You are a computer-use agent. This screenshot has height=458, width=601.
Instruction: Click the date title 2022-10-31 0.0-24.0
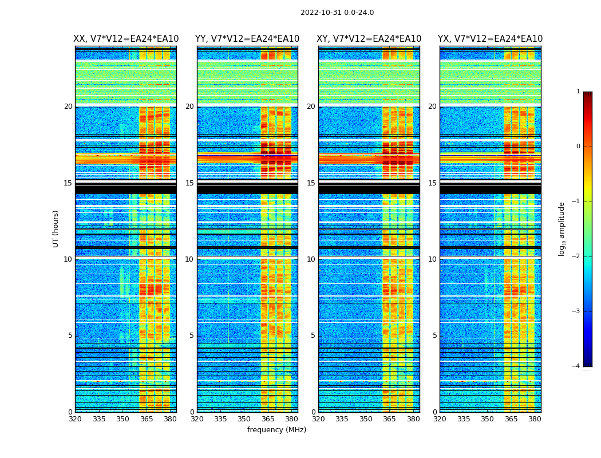tap(337, 13)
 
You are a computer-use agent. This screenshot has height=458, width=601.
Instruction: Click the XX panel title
tap(126, 39)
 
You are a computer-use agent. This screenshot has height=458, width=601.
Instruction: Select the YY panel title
tap(247, 39)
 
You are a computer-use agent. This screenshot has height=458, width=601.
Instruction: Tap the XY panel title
tap(369, 39)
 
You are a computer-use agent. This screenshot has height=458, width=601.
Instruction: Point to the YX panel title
tap(491, 39)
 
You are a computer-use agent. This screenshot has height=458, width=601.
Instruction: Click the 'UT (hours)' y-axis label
tap(56, 228)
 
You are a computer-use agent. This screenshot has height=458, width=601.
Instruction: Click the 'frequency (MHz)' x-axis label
tap(276, 430)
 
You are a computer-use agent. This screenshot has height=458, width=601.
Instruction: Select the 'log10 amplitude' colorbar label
tap(562, 228)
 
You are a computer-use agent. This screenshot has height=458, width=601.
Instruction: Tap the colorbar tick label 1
tap(578, 92)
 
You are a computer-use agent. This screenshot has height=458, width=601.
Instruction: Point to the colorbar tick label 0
tap(578, 147)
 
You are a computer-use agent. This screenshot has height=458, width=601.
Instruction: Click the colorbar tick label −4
tap(576, 366)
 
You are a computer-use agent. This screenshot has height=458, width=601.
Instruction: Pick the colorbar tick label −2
tap(576, 256)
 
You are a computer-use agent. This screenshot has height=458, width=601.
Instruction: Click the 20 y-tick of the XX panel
tap(68, 106)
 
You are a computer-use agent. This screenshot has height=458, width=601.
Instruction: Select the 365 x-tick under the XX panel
tap(147, 419)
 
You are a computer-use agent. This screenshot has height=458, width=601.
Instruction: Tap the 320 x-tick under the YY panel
tap(197, 419)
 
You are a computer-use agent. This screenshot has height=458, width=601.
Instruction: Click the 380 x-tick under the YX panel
tap(535, 419)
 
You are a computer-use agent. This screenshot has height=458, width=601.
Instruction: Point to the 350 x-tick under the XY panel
tap(366, 419)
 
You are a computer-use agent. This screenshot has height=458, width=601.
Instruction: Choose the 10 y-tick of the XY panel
tap(311, 259)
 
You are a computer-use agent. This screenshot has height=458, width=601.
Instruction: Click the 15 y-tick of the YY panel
tap(189, 183)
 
